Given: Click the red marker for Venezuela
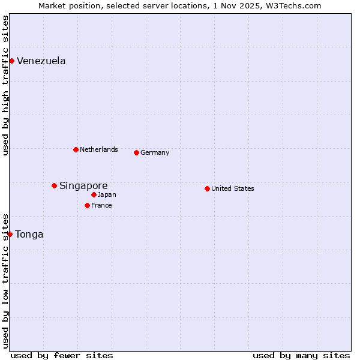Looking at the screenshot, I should [11, 61].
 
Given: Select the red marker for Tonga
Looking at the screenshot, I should [10, 234].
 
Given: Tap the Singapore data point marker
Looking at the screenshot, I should [54, 185].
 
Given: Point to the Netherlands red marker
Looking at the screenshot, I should [76, 149].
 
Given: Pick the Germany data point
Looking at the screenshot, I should [136, 152].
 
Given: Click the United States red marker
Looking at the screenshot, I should [207, 188].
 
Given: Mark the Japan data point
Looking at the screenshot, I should [94, 194].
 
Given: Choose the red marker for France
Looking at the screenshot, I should [87, 205].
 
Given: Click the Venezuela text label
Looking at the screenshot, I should [41, 61].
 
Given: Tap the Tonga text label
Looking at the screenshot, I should [29, 234].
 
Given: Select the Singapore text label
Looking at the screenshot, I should [83, 185].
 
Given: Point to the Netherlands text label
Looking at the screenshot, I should [99, 149].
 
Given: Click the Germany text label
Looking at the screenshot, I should [155, 152].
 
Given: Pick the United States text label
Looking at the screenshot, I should [233, 188].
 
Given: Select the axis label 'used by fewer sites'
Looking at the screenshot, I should [62, 355].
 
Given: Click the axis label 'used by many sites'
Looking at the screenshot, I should [301, 355].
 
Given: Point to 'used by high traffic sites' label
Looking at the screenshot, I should [5, 85].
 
